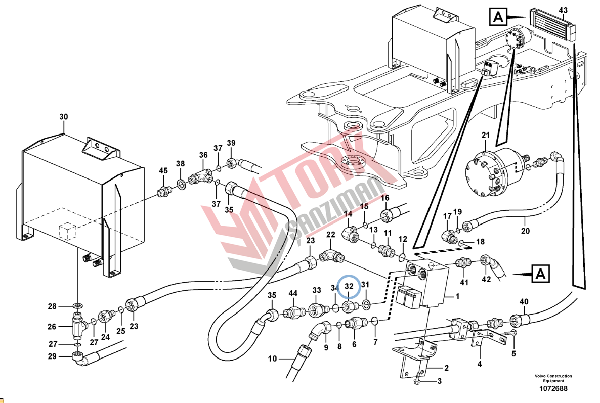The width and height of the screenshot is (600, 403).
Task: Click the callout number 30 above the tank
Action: (63, 117)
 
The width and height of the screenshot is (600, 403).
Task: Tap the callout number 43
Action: (563, 10)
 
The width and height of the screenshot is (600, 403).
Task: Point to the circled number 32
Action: (349, 287)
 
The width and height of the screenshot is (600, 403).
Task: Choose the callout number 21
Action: (486, 135)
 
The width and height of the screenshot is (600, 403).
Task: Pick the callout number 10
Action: (273, 359)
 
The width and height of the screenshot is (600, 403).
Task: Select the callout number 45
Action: (163, 171)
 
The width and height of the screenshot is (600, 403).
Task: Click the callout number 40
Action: (524, 302)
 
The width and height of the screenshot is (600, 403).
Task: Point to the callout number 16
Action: (385, 198)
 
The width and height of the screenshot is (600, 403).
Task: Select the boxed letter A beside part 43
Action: (498, 18)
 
